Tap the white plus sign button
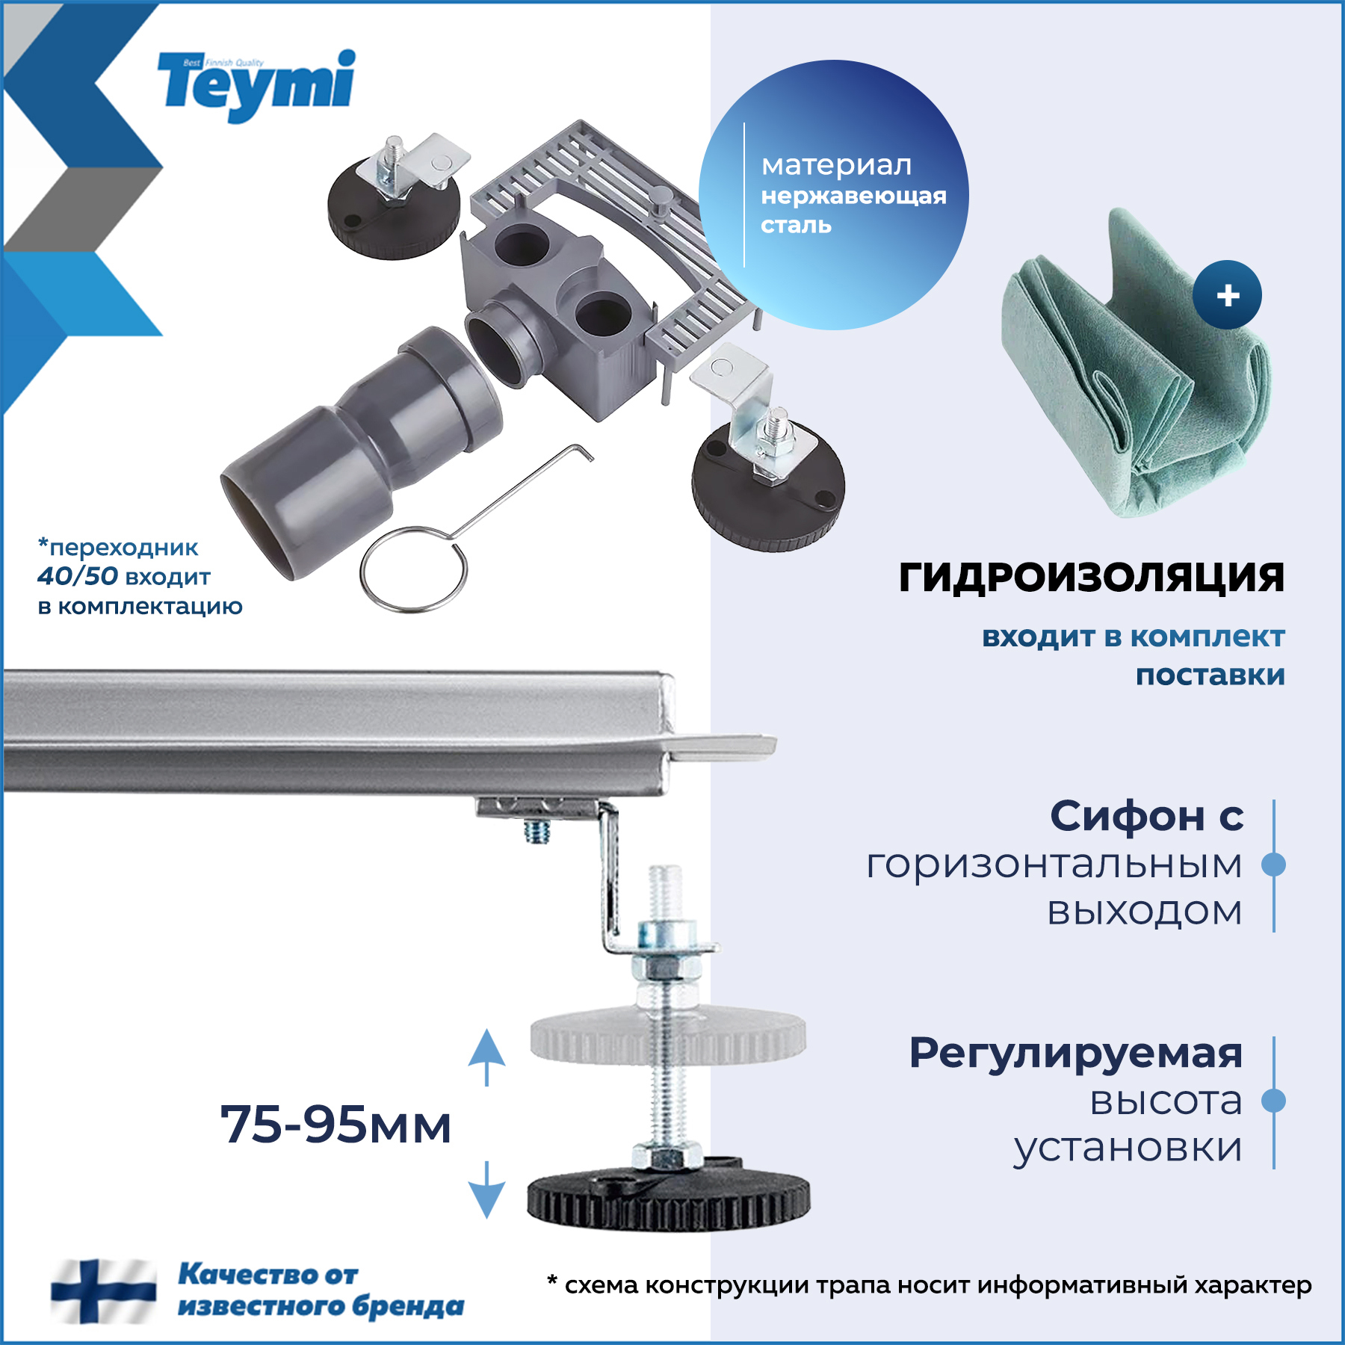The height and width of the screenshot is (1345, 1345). (1227, 295)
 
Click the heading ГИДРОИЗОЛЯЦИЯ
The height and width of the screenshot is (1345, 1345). (1091, 577)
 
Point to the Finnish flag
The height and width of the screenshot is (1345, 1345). (103, 1290)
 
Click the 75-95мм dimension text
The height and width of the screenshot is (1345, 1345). (336, 1124)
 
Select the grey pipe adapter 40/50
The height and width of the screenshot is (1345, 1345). (359, 456)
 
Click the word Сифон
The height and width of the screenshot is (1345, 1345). (1127, 815)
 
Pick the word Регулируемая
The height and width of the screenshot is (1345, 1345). (1075, 1053)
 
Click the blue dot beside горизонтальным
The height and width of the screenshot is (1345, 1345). (1273, 865)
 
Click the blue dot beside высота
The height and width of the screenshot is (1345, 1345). (1273, 1101)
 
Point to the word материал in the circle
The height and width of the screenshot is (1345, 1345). (836, 165)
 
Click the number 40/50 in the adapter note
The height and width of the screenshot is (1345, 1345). (78, 576)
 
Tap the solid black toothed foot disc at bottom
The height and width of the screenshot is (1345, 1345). (668, 1200)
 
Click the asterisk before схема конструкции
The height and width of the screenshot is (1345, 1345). (552, 1281)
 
